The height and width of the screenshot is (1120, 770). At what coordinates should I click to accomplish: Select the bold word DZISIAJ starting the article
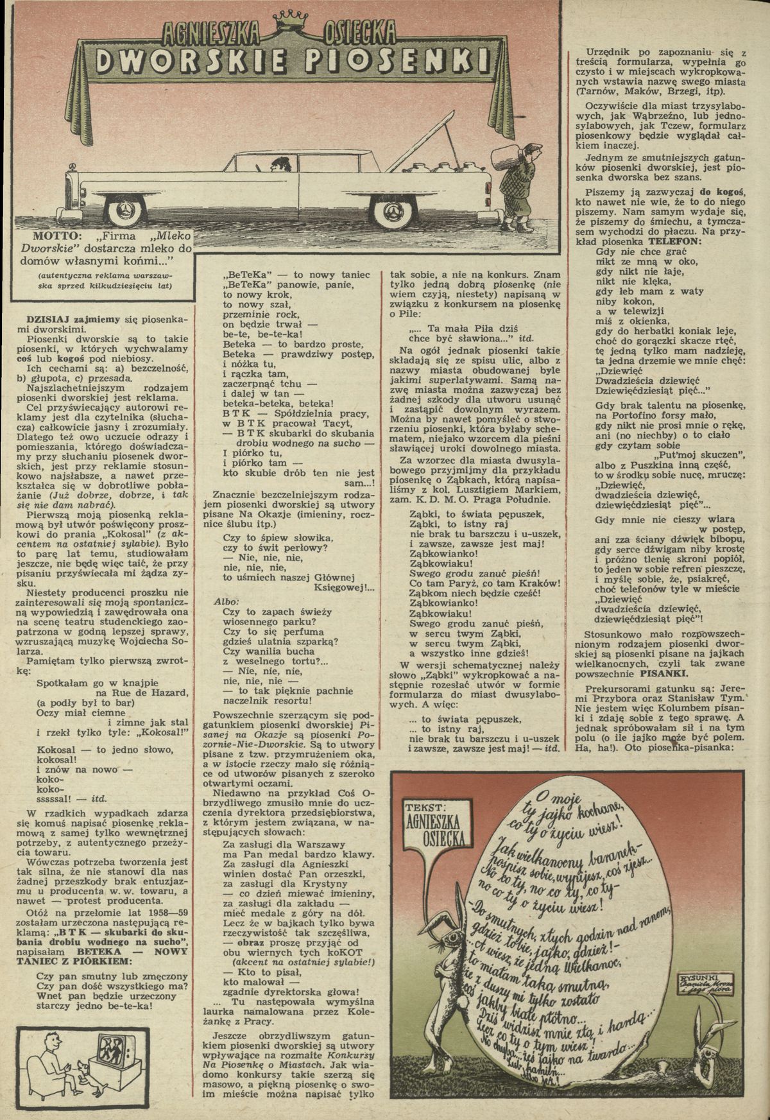48,318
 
